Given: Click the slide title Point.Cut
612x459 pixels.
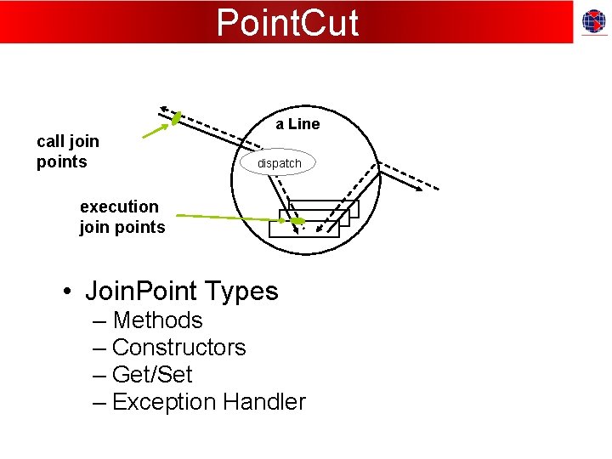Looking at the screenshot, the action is [287, 22].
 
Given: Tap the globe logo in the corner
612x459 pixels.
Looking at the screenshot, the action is [593, 22].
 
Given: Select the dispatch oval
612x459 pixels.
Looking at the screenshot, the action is [279, 162].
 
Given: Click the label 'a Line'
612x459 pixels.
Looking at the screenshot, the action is [297, 124].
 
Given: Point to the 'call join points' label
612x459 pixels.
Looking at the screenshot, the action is [68, 151].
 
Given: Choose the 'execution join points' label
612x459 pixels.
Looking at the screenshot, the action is [122, 217].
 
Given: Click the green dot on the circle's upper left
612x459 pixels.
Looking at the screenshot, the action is [176, 119].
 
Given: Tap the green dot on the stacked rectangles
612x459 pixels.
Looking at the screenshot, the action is [298, 222].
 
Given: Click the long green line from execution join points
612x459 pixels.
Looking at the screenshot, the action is [229, 218].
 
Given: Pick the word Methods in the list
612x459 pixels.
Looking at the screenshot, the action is [157, 320].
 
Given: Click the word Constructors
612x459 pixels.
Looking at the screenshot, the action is [178, 348].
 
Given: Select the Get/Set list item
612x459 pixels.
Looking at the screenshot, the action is [152, 375].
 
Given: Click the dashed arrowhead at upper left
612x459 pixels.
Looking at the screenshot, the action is [164, 110].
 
